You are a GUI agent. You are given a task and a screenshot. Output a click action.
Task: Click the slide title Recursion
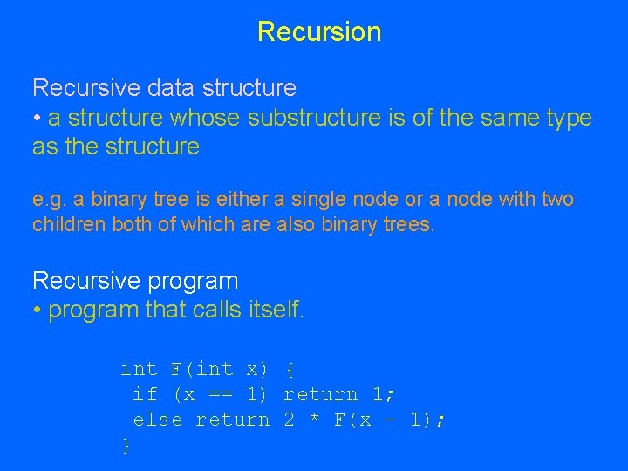coord(319,32)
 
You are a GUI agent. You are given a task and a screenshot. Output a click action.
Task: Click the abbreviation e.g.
coord(49,200)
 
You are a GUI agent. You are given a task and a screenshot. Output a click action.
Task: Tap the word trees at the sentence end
coord(406,225)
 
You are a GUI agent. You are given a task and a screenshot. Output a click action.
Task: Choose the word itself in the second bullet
coord(274,311)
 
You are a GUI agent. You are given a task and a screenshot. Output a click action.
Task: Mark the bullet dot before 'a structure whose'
coord(38,119)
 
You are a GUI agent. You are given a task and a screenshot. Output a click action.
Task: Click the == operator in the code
coord(221,395)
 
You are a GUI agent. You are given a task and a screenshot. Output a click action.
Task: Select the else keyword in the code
coord(157,420)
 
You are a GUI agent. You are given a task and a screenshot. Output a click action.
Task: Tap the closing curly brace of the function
coord(126,446)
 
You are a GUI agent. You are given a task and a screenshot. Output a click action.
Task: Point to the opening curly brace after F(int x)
coord(290,370)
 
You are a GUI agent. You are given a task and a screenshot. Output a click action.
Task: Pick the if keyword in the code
coord(145,395)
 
